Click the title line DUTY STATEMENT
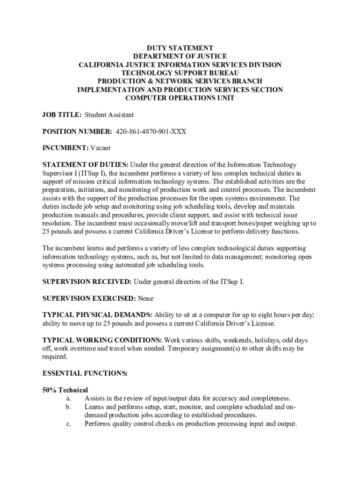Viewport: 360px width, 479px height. pos(180,48)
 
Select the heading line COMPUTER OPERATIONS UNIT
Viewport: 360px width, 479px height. pos(180,98)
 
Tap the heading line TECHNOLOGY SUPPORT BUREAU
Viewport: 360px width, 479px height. pos(180,73)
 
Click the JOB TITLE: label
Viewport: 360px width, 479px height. pos(62,115)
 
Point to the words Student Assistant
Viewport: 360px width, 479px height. pos(109,115)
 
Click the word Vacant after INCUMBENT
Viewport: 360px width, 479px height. pos(101,148)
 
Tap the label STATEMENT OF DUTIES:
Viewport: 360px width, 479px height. pos(85,165)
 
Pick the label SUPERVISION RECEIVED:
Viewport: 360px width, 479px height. pos(87,282)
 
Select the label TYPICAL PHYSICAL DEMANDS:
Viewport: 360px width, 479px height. pos(97,315)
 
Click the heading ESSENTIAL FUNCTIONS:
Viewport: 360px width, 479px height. pos(85,373)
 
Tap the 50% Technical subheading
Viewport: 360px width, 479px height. pos(65,390)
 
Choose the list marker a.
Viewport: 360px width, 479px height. pos(68,399)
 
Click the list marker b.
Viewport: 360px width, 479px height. pos(68,407)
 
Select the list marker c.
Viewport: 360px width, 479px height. pos(68,424)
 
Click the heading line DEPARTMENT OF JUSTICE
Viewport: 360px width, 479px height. pos(180,57)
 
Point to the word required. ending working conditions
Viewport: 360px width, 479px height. pos(55,356)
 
